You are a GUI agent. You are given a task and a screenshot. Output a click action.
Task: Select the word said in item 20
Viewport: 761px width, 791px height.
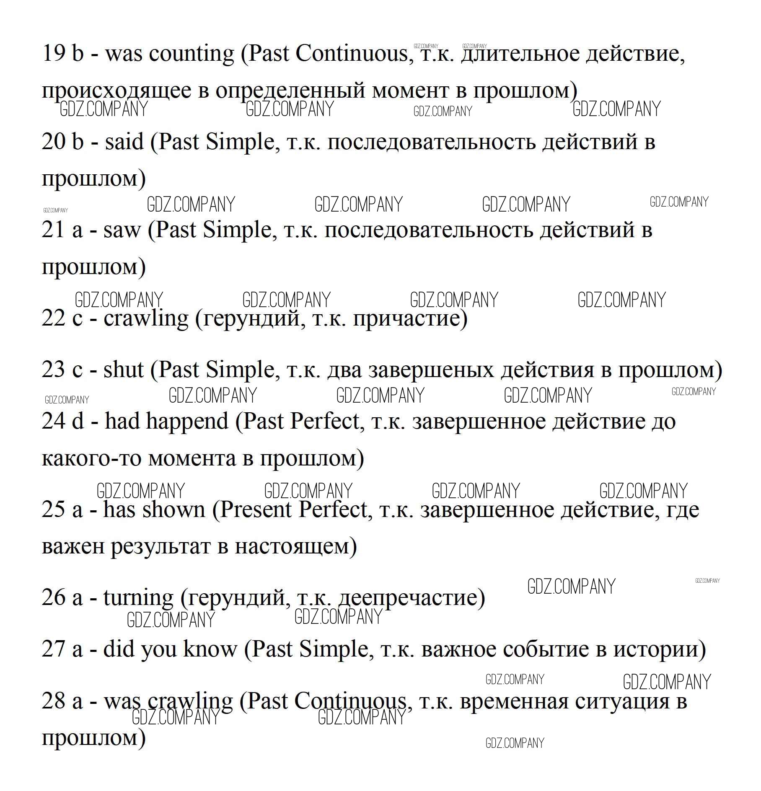click(124, 142)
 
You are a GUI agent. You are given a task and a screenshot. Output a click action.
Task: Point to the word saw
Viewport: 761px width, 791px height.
click(122, 230)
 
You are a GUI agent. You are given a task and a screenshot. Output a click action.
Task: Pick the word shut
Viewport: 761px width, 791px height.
click(123, 370)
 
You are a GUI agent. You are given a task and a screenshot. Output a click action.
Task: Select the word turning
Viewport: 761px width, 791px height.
click(138, 598)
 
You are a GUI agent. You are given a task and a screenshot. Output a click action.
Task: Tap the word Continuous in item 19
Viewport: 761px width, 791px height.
click(351, 54)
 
